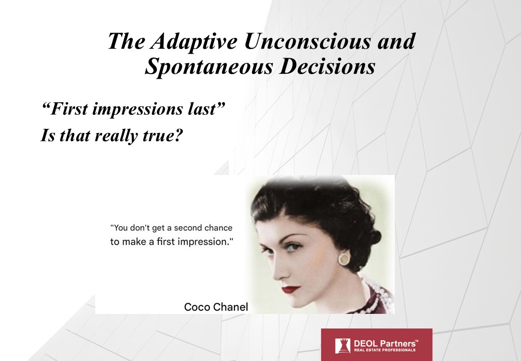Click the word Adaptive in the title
194,42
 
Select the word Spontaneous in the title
209,67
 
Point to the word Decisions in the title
328,66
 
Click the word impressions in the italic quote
137,109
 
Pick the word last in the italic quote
203,109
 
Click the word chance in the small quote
218,228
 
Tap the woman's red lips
292,289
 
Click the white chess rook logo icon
343,346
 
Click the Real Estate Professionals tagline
384,350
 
